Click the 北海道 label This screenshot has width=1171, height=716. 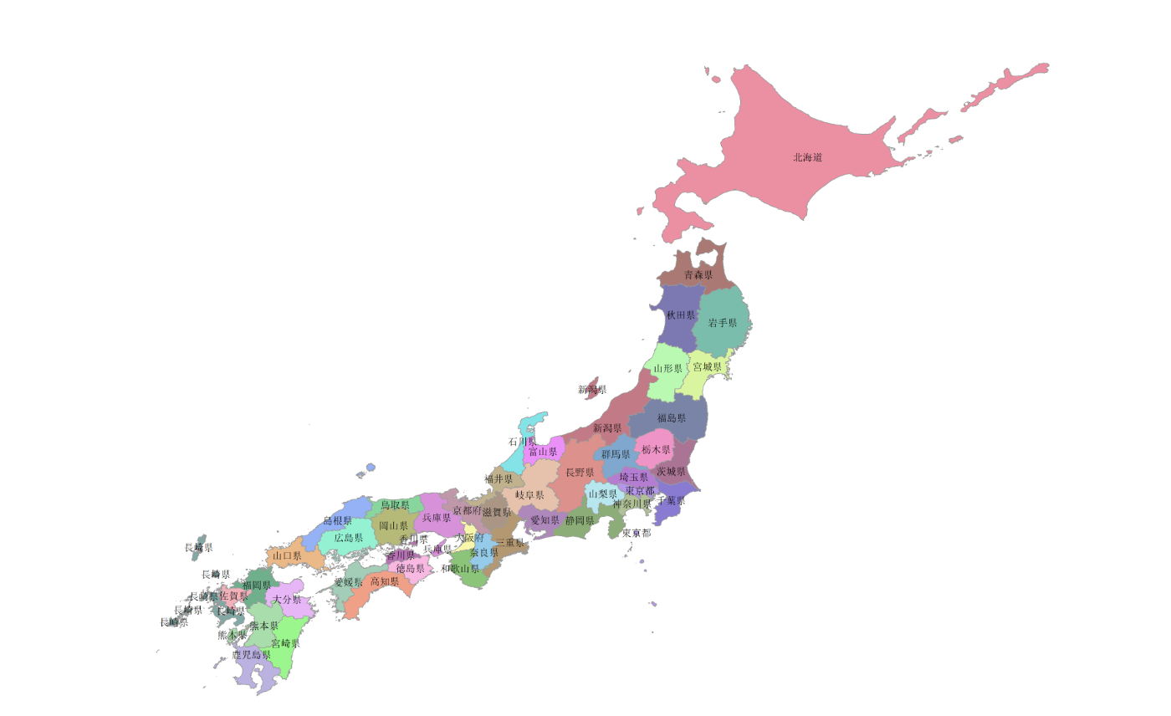coord(807,157)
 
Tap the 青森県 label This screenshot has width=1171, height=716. coord(698,274)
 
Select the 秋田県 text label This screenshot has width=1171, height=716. coord(680,315)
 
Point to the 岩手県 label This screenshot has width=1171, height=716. coord(722,323)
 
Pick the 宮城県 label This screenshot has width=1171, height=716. coord(707,367)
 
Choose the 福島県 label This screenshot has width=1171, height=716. coord(671,417)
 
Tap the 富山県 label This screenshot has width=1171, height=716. coord(542,452)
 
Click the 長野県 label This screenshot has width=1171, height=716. coord(580,473)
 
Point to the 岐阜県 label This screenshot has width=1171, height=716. coord(529,495)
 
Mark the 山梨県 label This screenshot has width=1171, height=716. coord(602,494)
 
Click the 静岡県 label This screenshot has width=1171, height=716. coord(579,520)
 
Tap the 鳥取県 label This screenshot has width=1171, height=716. coord(395,505)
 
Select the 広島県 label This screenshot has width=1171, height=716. coord(349,538)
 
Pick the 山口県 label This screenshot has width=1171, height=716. coord(286,555)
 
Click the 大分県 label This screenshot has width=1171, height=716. coord(286,600)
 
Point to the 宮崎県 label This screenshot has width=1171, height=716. coord(285,643)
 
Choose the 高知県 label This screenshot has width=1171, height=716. coord(384,581)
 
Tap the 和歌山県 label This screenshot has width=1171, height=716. coord(460,569)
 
